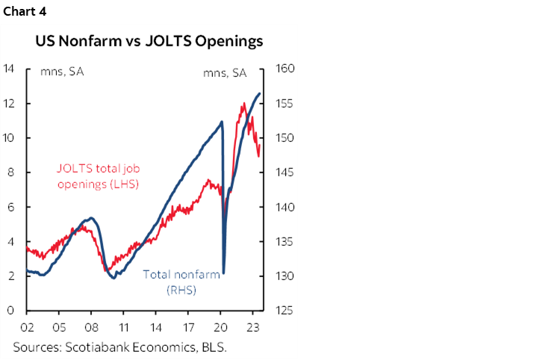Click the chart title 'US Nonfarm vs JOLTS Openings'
click(149, 42)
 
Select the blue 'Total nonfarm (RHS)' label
click(181, 282)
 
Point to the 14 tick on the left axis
click(9, 69)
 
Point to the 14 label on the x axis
click(156, 326)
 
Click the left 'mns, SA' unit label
click(61, 72)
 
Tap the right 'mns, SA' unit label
click(224, 72)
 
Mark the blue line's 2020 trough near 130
click(224, 273)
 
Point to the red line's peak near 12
click(243, 104)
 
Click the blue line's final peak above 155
click(259, 93)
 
